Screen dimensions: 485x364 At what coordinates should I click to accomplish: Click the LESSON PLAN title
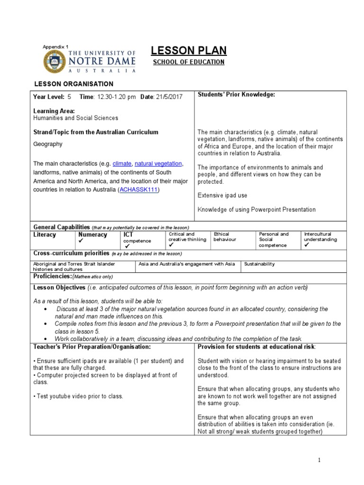188,51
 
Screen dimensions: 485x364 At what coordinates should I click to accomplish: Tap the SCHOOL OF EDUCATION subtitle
188,62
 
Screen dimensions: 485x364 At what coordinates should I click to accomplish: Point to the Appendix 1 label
55,46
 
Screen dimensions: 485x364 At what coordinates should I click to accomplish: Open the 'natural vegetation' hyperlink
158,163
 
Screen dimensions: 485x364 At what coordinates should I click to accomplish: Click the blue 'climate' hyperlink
121,163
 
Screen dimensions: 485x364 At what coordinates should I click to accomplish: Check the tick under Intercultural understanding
307,245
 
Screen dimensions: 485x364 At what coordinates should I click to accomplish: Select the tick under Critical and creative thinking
171,245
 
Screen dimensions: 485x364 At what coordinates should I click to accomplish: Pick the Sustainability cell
259,264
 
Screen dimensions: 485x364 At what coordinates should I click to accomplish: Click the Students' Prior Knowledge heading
236,95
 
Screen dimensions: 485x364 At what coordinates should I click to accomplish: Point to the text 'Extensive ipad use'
222,195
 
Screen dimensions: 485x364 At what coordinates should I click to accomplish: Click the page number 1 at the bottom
319,460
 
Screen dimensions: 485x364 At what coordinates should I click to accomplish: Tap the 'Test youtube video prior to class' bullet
78,396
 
